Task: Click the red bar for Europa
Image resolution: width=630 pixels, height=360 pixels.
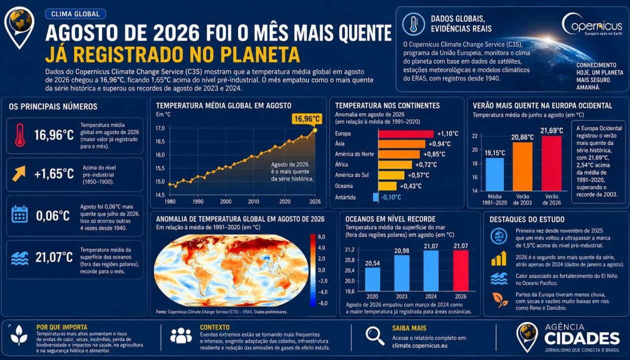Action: click(406, 134)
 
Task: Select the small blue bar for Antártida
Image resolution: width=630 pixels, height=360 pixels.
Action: click(375, 197)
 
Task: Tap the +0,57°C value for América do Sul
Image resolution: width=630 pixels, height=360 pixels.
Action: click(418, 175)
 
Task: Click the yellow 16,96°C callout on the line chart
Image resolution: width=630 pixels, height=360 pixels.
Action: click(307, 119)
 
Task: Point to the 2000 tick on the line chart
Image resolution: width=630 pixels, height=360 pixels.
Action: click(225, 201)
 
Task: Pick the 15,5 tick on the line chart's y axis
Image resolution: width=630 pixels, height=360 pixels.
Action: click(160, 168)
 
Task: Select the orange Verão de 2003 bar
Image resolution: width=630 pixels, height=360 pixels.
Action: click(522, 166)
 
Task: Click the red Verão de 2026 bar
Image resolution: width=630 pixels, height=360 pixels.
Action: click(551, 163)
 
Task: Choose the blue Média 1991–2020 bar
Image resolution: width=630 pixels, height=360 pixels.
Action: click(494, 174)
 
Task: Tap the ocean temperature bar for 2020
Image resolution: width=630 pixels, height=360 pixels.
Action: click(372, 279)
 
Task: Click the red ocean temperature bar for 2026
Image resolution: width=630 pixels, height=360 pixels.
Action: click(460, 270)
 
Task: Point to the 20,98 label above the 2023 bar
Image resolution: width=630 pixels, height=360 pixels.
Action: click(401, 250)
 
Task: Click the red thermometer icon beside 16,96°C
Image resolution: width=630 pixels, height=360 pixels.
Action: click(20, 135)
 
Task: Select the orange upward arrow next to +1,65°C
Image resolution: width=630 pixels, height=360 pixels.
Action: click(19, 173)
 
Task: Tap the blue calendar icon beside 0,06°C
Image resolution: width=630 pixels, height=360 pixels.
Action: click(19, 214)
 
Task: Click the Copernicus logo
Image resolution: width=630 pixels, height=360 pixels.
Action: click(592, 25)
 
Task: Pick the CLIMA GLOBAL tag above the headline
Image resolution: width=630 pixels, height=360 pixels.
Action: click(75, 14)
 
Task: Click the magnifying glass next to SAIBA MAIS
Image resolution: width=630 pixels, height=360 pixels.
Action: click(375, 336)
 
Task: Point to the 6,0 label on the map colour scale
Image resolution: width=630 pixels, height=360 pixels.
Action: click(321, 237)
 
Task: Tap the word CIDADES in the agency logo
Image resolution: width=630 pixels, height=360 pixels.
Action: click(582, 338)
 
